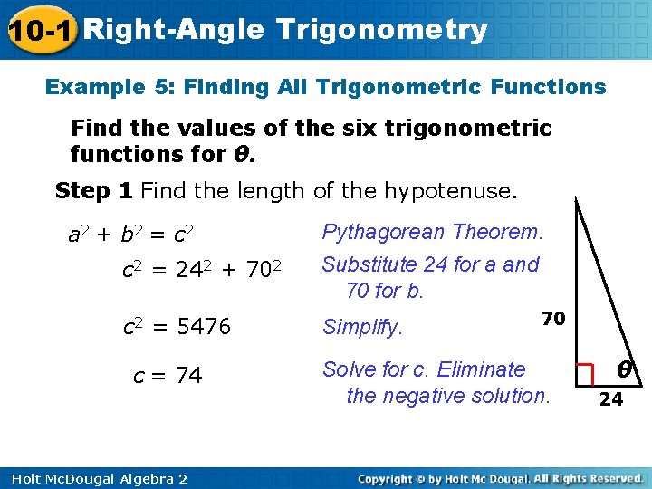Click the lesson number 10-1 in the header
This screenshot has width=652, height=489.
(x=40, y=31)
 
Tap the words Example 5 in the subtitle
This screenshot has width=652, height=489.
(x=108, y=87)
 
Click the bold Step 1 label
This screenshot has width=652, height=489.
(x=94, y=191)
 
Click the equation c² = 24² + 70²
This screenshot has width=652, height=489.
(x=204, y=270)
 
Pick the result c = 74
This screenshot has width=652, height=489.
(x=168, y=375)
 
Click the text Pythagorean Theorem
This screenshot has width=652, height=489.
(x=433, y=233)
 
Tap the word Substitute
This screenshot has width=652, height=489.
(x=367, y=265)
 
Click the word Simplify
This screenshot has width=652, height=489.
(x=362, y=328)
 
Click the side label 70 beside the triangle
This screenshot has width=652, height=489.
(x=554, y=319)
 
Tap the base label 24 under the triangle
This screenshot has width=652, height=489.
(x=611, y=399)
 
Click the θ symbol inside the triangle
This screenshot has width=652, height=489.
(x=624, y=369)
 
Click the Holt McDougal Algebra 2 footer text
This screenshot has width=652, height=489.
(x=94, y=478)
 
